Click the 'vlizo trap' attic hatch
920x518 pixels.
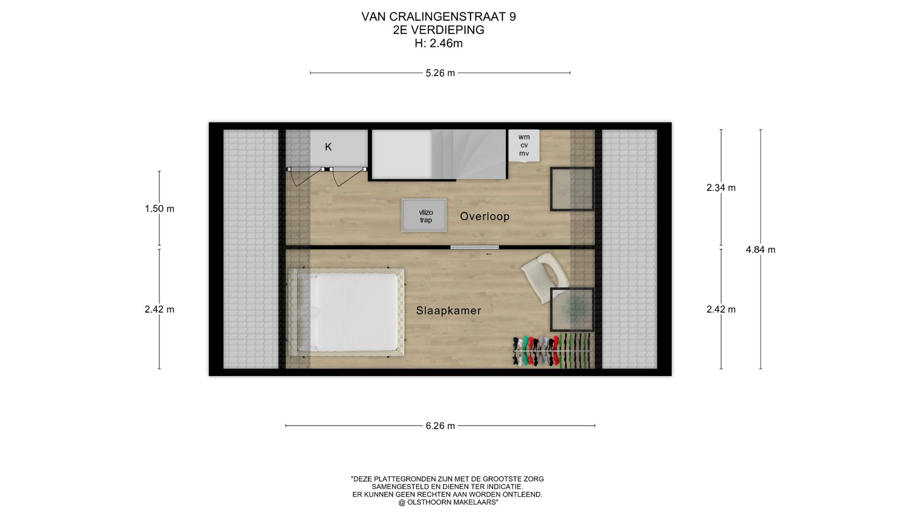pos(424,215)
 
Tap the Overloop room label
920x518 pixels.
pos(484,216)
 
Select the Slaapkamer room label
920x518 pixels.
pos(448,311)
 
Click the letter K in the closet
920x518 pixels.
pos(328,147)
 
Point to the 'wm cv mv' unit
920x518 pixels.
pos(524,145)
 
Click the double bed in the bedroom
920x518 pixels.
pos(349,312)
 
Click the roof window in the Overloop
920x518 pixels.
pos(571,189)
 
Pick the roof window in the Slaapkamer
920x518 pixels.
pos(571,309)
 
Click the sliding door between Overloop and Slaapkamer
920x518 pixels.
pos(474,247)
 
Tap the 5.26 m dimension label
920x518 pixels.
pos(440,73)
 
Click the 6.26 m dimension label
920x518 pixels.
pos(440,426)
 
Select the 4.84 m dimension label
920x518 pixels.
pos(760,249)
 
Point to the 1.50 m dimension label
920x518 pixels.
pos(160,209)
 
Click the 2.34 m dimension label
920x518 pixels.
pos(721,188)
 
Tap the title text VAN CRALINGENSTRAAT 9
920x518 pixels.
pos(438,17)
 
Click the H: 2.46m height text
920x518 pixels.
pos(438,44)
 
